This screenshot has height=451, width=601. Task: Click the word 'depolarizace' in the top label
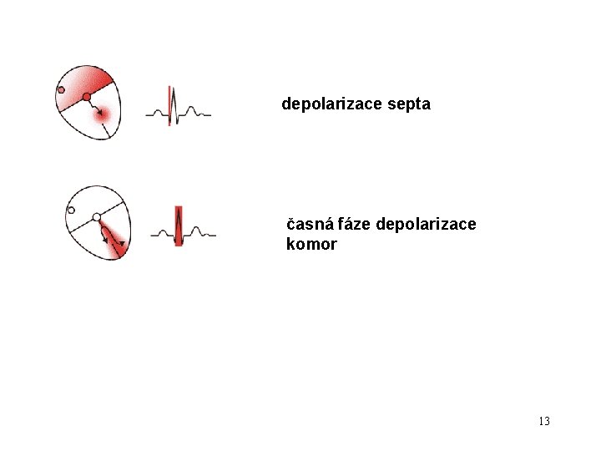(x=331, y=104)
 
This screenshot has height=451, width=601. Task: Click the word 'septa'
(x=407, y=104)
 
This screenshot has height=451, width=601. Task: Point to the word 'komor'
(x=311, y=245)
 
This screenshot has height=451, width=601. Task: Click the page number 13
(x=544, y=421)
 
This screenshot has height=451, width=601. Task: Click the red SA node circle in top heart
(x=61, y=89)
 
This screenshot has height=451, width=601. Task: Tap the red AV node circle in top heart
(x=87, y=97)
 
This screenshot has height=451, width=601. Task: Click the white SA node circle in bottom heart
(x=71, y=210)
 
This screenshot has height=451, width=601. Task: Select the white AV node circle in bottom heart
(x=97, y=217)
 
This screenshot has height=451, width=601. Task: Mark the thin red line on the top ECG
(x=169, y=105)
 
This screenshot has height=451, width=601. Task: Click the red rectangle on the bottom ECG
(x=179, y=225)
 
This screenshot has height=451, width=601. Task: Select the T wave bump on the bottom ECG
(x=197, y=230)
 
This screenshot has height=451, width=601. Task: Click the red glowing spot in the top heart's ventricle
(x=104, y=120)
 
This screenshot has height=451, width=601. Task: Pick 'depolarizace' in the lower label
(x=427, y=225)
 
